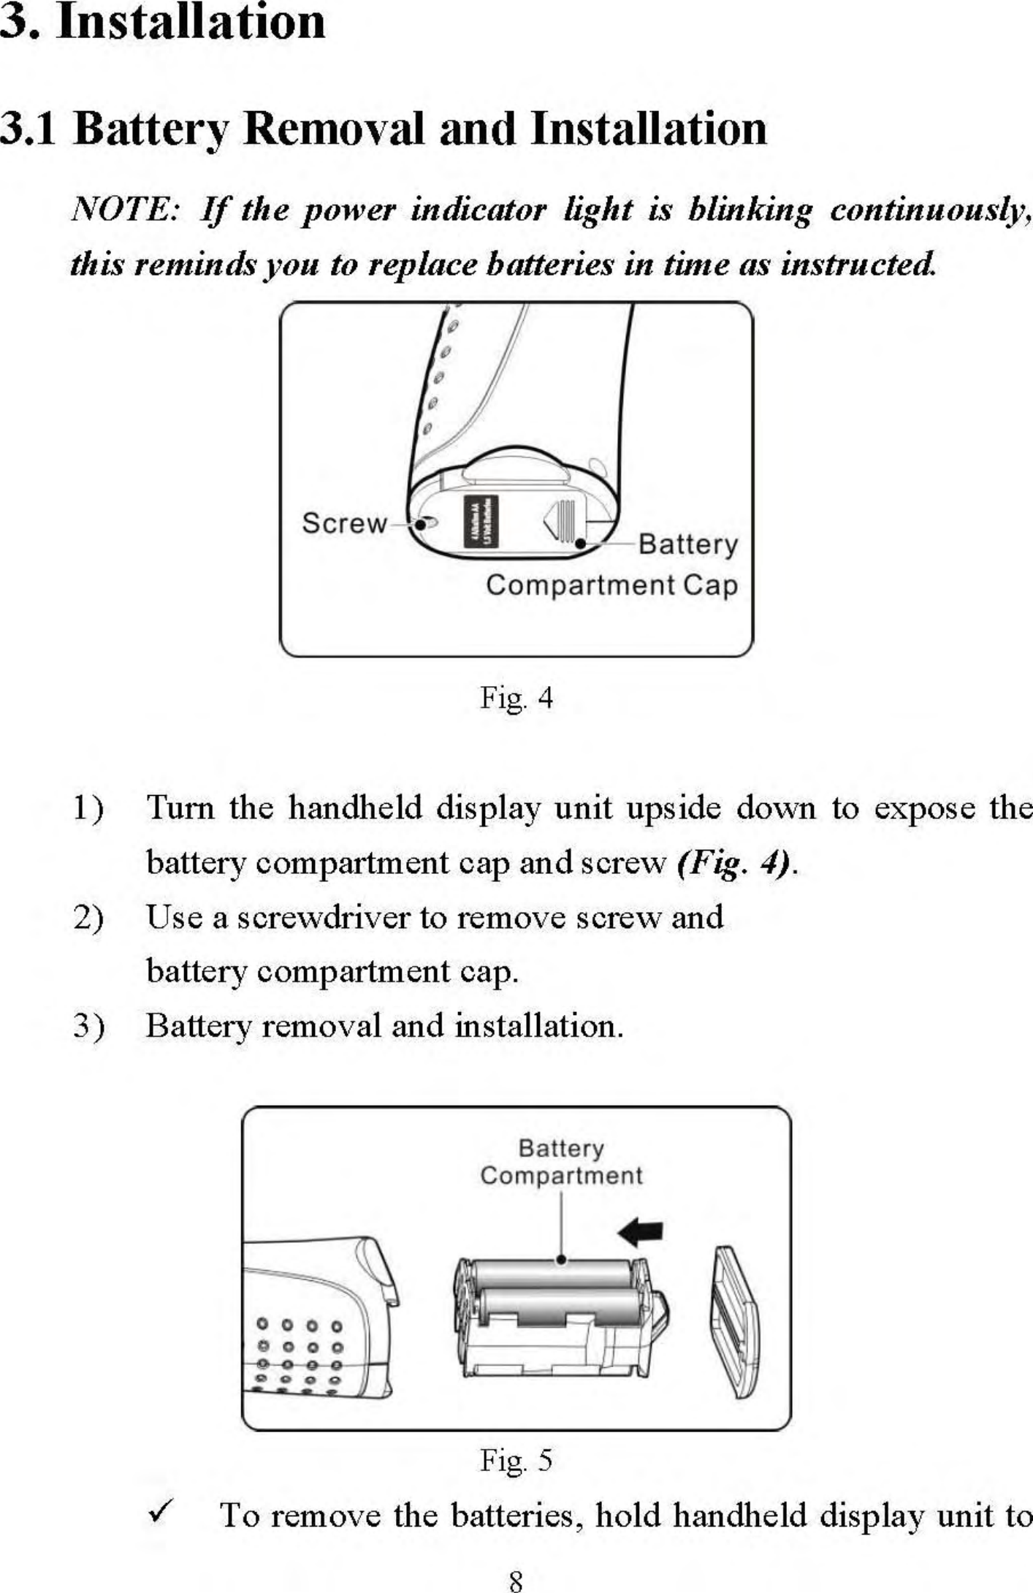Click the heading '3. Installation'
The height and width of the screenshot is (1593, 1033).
coord(162,22)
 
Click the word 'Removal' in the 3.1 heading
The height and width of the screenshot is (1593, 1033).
coord(333,129)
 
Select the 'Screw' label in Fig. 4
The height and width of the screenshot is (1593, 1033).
coord(344,523)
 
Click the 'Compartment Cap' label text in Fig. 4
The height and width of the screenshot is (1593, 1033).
coord(611,585)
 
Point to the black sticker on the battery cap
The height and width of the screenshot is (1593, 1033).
coord(481,521)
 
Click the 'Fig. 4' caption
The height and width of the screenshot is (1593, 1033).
coord(516,699)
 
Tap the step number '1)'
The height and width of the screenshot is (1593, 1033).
coord(88,809)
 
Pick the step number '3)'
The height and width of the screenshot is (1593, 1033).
coord(88,1027)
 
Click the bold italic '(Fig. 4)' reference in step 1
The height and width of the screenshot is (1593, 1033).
coord(734,864)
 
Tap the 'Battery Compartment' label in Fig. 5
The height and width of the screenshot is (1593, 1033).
coord(561,1163)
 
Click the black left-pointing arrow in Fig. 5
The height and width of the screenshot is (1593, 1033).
coord(641,1233)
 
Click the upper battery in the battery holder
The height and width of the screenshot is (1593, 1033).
coord(549,1274)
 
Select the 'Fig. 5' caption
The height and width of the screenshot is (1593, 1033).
coord(516,1461)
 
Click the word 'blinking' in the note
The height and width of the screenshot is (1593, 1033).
coord(750,211)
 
